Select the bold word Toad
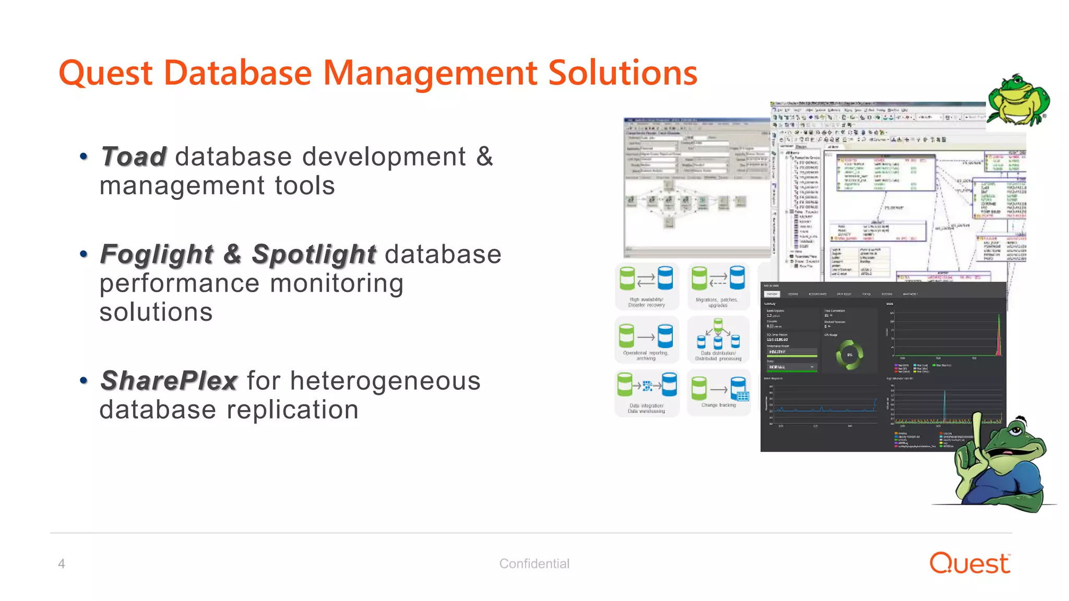tap(134, 157)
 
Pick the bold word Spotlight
tap(314, 255)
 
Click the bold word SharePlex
tap(169, 381)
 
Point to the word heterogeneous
tap(385, 381)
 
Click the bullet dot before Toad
tap(84, 157)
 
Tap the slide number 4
tap(62, 563)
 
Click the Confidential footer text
tap(534, 563)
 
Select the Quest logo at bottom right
tap(970, 563)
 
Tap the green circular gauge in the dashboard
tap(849, 355)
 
